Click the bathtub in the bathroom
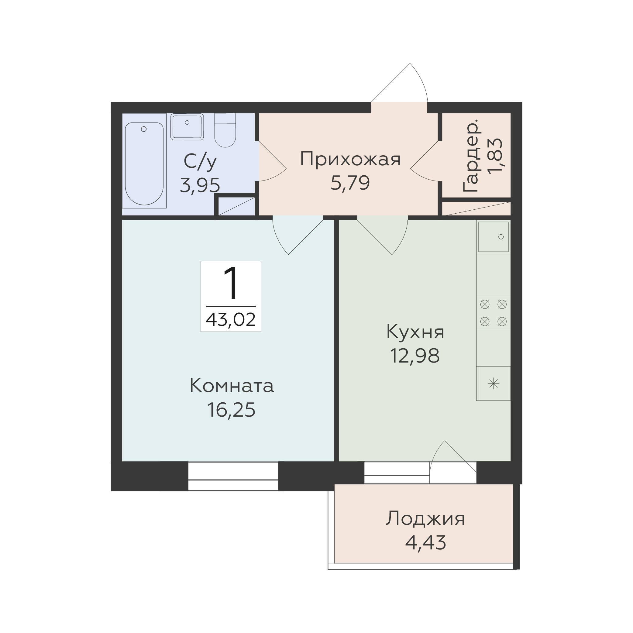[x=144, y=164]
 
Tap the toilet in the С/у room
[x=225, y=130]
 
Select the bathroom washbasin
[x=187, y=126]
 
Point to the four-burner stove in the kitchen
[x=494, y=313]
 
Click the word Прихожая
[x=350, y=160]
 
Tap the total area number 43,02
[x=231, y=319]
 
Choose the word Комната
[x=232, y=386]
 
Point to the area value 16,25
[x=231, y=410]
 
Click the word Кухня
[x=415, y=332]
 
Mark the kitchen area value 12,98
[x=415, y=356]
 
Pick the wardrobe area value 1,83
[x=494, y=155]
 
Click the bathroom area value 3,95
[x=200, y=185]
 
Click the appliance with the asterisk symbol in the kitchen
[x=494, y=383]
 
